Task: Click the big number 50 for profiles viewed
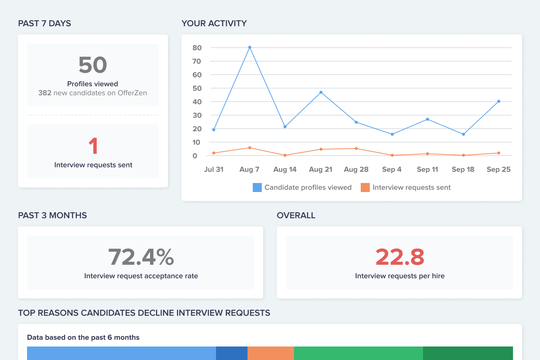tap(93, 65)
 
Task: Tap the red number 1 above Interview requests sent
tap(93, 146)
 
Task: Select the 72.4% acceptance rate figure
tap(141, 257)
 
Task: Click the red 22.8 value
tap(400, 257)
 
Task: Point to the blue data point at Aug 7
tap(250, 48)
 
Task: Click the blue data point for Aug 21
tap(321, 92)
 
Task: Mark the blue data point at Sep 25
tap(499, 101)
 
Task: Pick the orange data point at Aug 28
tap(356, 148)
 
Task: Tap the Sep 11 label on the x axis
tap(427, 169)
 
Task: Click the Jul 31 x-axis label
tap(214, 169)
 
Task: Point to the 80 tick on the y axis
tap(197, 48)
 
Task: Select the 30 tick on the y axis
tap(197, 115)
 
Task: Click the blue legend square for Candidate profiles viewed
tap(257, 187)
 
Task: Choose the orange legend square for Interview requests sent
tap(365, 187)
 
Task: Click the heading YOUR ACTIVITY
tap(214, 23)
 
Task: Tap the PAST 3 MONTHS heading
tap(52, 215)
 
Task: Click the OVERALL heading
tap(296, 215)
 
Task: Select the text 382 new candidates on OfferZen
tap(93, 93)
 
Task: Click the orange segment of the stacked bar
tap(271, 353)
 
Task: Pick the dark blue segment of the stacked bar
tap(232, 353)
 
